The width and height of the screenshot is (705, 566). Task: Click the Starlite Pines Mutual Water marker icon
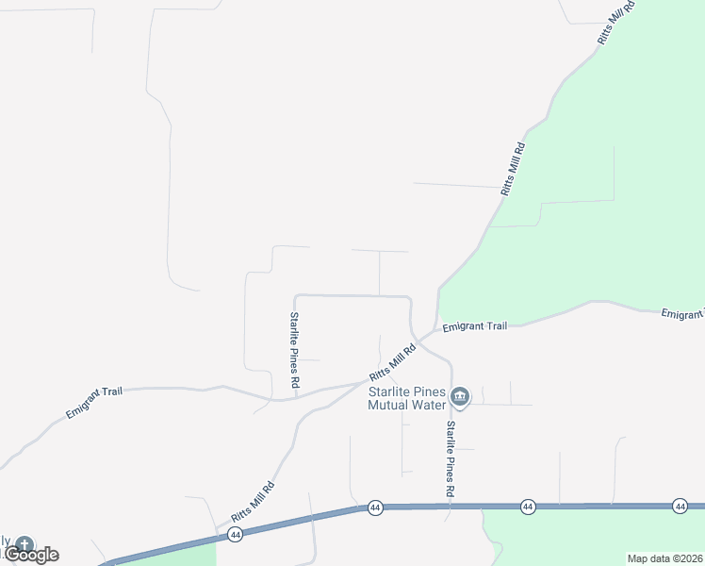[460, 396]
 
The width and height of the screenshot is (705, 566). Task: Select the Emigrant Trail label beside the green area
[475, 326]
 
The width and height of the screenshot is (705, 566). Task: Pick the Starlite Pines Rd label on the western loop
[294, 351]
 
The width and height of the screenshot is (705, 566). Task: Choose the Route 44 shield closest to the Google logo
[235, 534]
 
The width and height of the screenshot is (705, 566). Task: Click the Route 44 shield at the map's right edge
[680, 507]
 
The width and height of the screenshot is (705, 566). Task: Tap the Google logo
[31, 555]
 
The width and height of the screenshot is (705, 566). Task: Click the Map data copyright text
[664, 558]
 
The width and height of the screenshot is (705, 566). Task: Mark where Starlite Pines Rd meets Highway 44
[450, 507]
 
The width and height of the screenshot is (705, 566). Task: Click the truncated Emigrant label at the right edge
[682, 313]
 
